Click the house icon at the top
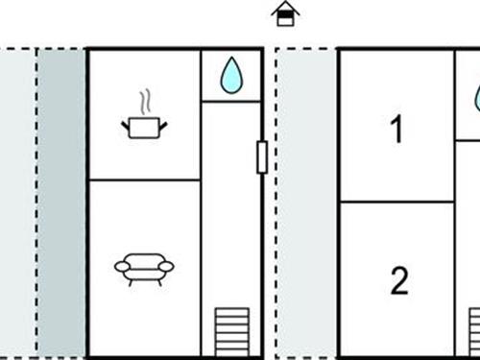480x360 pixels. coord(285,13)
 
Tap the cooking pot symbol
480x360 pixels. coord(144,128)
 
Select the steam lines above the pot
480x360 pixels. coord(145,103)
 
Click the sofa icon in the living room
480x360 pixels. coord(144,270)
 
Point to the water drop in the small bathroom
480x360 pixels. coord(231,76)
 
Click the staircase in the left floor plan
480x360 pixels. coord(232,332)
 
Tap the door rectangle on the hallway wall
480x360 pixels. coord(262,157)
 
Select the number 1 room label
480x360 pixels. coord(396,129)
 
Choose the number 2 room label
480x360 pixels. coord(399,280)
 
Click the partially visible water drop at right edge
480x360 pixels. coord(477,99)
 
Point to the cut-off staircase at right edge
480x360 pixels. coord(474,332)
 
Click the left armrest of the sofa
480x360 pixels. coord(123,266)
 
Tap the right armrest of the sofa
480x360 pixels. coord(166,266)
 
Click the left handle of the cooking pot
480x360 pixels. coord(125,126)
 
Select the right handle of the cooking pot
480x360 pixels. coord(163,126)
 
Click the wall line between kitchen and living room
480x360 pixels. coord(145,180)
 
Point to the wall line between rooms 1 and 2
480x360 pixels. coord(397,202)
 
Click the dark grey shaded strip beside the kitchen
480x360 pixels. coord(61,203)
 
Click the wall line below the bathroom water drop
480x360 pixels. coord(231,102)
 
